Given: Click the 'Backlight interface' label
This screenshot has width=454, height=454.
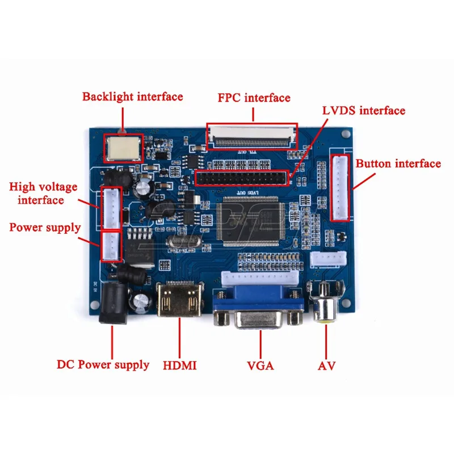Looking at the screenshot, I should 132,96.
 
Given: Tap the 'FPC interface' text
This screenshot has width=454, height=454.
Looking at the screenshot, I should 254,98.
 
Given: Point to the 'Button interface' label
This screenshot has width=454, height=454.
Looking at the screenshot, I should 398,164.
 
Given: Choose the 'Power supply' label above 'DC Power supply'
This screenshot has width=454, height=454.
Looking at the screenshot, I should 45,228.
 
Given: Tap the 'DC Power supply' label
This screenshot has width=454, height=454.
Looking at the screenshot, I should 103,364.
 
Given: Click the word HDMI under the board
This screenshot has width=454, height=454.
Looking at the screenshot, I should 179,365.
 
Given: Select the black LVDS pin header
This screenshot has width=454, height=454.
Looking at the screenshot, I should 242,178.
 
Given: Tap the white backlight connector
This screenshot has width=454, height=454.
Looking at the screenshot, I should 121,148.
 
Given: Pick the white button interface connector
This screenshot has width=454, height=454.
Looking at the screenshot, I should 340,187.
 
